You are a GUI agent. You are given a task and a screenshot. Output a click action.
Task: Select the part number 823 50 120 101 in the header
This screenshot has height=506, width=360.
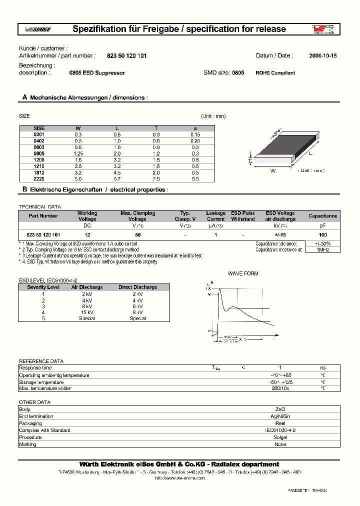tap(127, 56)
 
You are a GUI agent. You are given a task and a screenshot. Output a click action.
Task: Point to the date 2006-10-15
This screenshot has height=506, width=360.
tap(322, 56)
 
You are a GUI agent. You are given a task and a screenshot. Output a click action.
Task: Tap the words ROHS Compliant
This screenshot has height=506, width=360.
tap(275, 73)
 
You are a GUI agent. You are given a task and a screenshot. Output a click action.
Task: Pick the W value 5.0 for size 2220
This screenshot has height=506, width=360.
tap(78, 179)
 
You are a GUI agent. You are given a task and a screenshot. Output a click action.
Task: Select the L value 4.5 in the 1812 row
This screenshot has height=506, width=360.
tap(117, 172)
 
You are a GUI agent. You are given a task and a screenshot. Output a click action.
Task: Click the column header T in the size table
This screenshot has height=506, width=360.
tap(156, 128)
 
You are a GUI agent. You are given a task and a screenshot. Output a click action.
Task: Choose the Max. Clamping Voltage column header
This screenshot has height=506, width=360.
tap(137, 216)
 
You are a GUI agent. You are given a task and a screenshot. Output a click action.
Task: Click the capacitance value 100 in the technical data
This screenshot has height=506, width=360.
tap(322, 234)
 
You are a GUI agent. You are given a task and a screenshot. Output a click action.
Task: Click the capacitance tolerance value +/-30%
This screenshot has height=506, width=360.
tap(322, 243)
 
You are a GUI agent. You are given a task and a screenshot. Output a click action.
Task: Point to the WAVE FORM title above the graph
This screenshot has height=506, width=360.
tap(243, 274)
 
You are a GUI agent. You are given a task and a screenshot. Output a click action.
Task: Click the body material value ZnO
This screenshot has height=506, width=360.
tap(280, 409)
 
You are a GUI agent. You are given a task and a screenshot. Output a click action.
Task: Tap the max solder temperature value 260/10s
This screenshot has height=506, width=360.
tap(280, 388)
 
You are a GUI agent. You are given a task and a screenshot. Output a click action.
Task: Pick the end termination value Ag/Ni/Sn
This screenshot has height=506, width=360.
tap(280, 416)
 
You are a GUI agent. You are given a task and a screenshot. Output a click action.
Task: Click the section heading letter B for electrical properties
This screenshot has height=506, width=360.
tap(24, 190)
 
